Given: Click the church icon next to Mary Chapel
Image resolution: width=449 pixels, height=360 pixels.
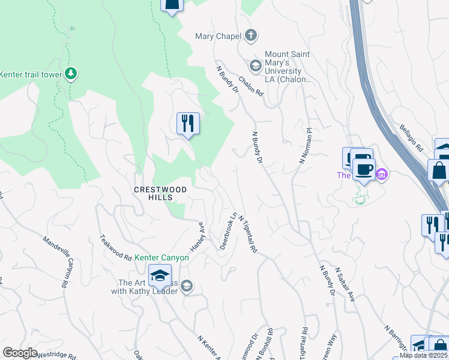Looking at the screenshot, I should click(250, 36).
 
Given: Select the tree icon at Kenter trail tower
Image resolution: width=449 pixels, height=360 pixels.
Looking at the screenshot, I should click(71, 74).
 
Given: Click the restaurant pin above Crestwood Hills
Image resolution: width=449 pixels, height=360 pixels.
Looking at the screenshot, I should click(188, 124).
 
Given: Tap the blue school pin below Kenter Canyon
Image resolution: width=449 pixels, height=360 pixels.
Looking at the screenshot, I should click(160, 275).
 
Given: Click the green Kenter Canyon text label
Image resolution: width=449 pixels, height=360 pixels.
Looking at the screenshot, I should click(161, 258).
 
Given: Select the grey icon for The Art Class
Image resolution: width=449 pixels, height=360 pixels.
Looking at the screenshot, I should click(187, 285).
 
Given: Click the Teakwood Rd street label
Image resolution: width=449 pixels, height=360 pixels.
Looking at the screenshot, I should click(116, 247).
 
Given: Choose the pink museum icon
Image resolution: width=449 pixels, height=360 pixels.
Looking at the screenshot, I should click(382, 175).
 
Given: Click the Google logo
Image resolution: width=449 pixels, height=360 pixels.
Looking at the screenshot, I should click(20, 353).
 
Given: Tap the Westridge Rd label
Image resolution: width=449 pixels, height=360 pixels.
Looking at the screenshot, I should click(57, 356).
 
